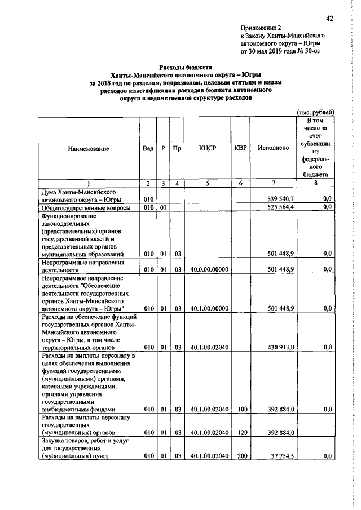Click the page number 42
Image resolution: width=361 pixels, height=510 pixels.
(x=330, y=19)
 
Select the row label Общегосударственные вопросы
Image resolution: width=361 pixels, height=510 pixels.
(x=84, y=208)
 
